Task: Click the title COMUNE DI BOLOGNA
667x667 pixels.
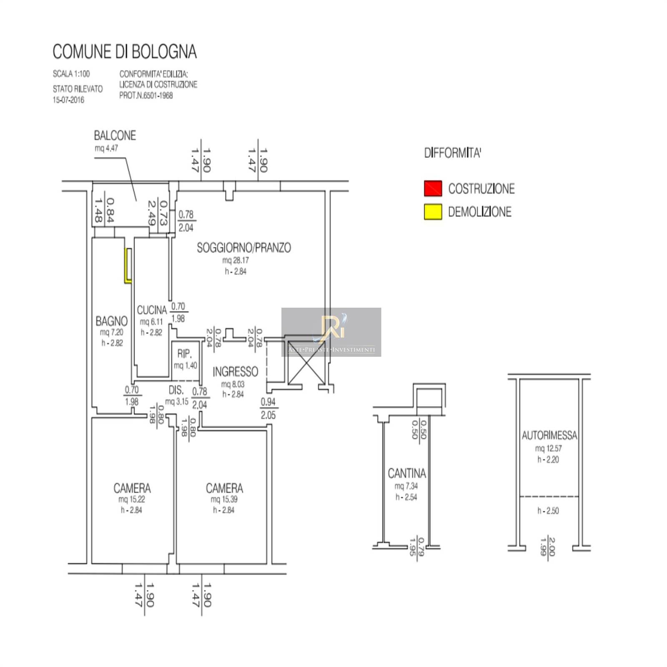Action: click(x=124, y=52)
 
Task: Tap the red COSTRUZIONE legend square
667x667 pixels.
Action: click(x=433, y=188)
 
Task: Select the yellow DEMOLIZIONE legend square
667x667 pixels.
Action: click(x=433, y=212)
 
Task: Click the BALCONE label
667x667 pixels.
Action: click(x=115, y=135)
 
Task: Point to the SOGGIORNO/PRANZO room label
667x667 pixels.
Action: click(x=244, y=248)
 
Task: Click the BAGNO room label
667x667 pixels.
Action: click(x=112, y=321)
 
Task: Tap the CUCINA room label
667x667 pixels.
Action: click(x=152, y=310)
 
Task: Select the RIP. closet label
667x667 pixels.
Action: click(x=184, y=354)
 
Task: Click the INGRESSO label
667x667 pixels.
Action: click(x=235, y=371)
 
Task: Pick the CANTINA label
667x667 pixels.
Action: click(x=407, y=473)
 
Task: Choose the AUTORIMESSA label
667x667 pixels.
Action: click(x=549, y=435)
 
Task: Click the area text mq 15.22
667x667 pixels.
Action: click(x=132, y=499)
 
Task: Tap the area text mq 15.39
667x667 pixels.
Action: click(x=224, y=499)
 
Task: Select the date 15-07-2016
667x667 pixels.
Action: click(x=68, y=100)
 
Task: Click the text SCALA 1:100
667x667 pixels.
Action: click(x=71, y=74)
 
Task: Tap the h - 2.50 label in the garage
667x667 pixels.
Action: click(x=548, y=511)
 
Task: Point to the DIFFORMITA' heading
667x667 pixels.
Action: click(x=453, y=153)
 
